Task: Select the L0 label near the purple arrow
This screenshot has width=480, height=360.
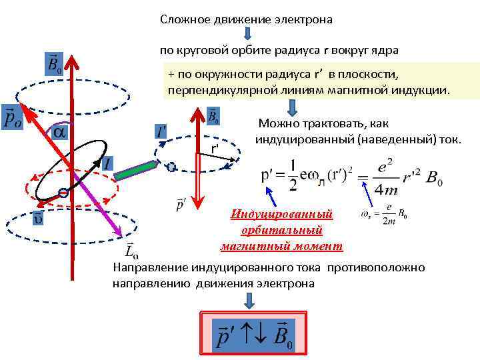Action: coord(131,249)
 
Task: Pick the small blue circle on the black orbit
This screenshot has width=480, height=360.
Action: coord(63,193)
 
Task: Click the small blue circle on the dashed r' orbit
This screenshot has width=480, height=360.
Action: coord(171,167)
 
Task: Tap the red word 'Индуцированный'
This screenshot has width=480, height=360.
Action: coord(281,215)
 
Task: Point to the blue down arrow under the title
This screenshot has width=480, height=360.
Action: coord(247,34)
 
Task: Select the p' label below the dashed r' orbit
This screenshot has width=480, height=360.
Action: coord(181,204)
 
